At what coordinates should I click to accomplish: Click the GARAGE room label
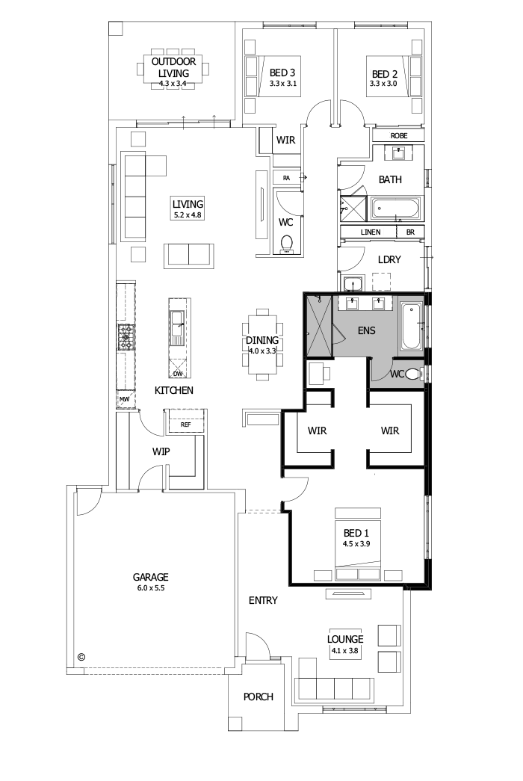point(150,577)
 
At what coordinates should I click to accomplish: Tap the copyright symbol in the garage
point(81,657)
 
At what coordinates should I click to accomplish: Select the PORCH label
point(259,697)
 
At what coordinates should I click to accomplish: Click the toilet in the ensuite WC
point(420,374)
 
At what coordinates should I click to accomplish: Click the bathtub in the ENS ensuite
point(411,327)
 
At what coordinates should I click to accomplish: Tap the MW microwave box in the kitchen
point(124,401)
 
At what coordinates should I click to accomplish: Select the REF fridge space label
point(185,425)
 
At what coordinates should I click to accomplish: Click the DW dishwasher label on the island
point(178,373)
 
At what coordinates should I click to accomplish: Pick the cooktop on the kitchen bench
point(125,337)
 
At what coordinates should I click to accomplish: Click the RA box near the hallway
point(286,177)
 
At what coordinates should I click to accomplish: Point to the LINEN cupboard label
point(371,232)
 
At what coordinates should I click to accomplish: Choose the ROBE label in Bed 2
point(399,136)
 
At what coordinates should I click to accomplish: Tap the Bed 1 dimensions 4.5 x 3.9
point(356,543)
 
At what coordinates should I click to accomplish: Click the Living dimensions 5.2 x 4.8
point(188,214)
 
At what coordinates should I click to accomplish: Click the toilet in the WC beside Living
point(285,244)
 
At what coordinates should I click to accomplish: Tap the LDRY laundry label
point(390,259)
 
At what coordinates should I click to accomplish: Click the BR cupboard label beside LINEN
point(409,232)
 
